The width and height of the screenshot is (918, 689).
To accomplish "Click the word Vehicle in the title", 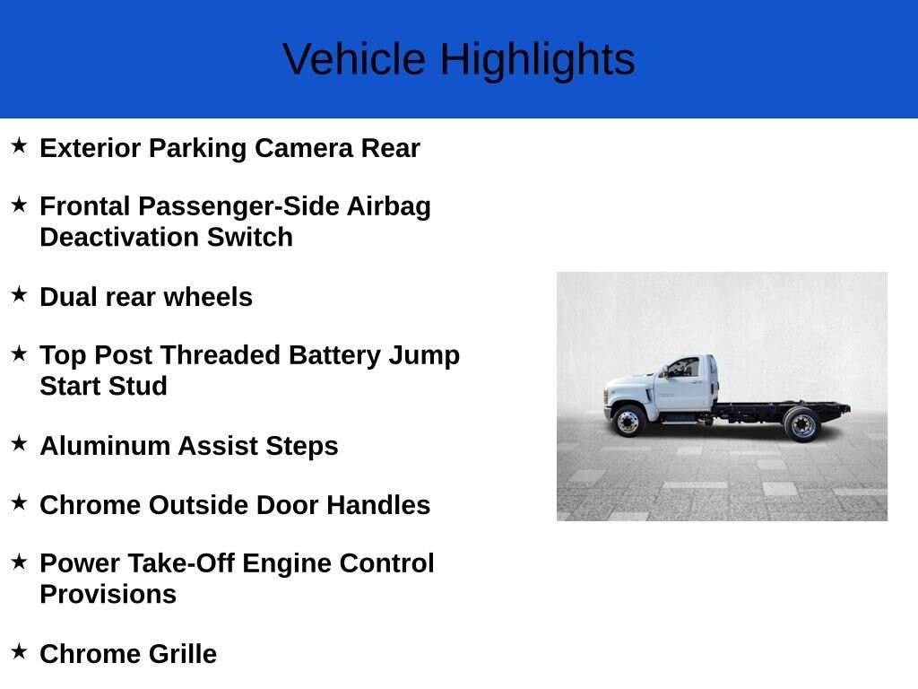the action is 354,59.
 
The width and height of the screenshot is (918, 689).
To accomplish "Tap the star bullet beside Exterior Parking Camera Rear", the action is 20,145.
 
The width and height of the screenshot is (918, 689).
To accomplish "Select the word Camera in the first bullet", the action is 304,148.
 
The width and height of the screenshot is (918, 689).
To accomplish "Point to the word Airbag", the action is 389,207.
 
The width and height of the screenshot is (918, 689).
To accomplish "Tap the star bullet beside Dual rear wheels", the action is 20,294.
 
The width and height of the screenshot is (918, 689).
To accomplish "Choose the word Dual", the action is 68,297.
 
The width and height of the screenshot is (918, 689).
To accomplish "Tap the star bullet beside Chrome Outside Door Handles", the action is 20,502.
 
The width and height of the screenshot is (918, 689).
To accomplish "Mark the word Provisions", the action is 108,594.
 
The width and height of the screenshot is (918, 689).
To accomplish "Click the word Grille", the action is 182,654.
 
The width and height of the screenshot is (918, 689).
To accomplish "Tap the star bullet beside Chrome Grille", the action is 20,651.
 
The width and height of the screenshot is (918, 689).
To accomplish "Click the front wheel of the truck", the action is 628,421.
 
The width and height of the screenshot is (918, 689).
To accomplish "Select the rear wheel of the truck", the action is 802,424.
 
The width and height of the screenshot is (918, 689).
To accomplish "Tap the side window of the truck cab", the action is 684,367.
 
